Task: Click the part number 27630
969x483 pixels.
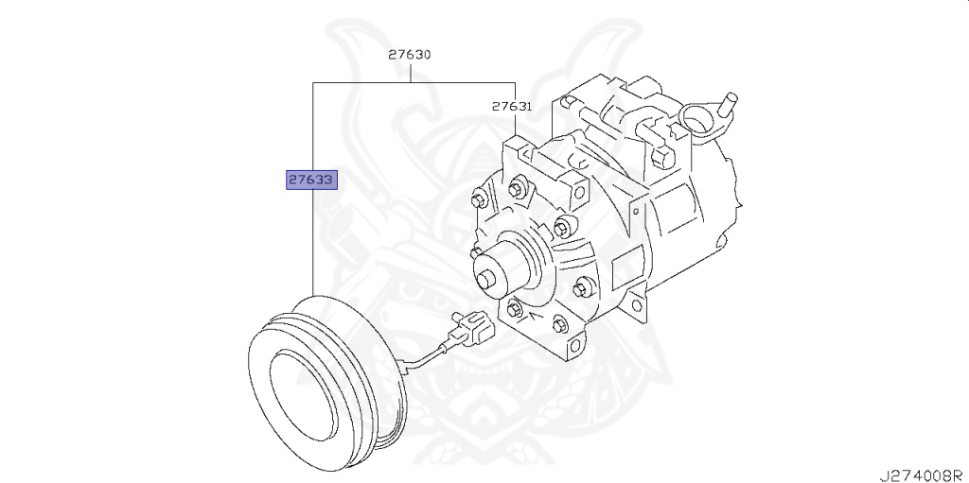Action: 409,55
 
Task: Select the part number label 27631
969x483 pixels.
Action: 511,107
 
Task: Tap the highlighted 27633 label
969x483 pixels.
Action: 312,179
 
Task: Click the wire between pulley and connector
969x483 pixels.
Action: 426,355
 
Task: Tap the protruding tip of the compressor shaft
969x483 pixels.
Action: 486,279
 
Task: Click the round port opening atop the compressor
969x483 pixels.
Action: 697,120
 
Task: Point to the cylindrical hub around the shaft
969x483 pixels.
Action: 511,260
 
